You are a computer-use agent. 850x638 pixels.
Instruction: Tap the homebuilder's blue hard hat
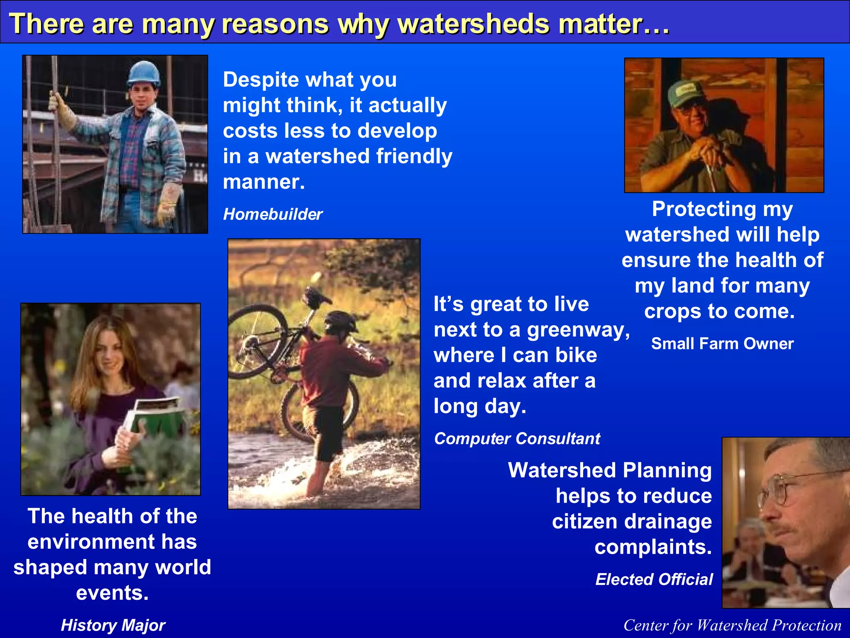click(x=144, y=73)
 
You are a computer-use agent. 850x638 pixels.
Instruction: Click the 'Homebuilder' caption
click(x=273, y=214)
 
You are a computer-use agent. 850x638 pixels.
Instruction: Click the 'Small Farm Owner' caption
click(x=722, y=344)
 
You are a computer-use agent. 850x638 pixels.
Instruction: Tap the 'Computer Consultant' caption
click(x=517, y=439)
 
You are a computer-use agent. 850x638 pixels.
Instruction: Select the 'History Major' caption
click(x=113, y=625)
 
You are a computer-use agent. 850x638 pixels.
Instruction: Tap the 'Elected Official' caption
click(x=654, y=579)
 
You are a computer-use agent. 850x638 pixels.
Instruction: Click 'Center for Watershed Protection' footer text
click(x=732, y=625)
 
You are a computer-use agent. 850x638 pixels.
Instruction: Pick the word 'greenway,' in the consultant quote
click(x=578, y=330)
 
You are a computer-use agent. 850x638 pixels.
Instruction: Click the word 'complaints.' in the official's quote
click(x=653, y=547)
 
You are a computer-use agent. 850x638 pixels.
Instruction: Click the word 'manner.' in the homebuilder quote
click(x=264, y=182)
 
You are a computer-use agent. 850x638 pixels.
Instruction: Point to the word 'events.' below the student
click(x=112, y=593)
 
